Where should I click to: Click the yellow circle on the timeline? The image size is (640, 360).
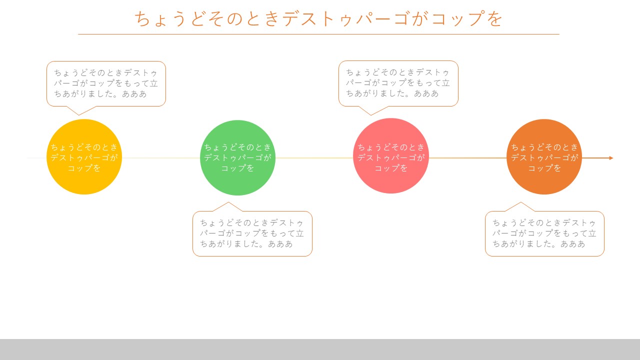(x=84, y=157)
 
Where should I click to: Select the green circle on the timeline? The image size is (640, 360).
(x=237, y=157)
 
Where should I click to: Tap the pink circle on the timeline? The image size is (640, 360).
(x=391, y=155)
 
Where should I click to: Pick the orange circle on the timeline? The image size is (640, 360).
(x=544, y=157)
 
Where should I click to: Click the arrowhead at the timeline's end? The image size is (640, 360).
(x=611, y=158)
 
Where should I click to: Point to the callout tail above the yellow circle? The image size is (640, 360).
(x=79, y=111)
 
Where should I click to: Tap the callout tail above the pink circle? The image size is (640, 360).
(x=371, y=111)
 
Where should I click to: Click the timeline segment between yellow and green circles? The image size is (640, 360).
(x=161, y=158)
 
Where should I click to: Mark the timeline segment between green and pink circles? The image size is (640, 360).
(x=314, y=158)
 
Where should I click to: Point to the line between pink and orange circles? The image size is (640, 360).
(x=467, y=158)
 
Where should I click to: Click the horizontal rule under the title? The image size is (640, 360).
(x=318, y=34)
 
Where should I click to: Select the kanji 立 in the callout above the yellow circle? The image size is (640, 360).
(x=153, y=83)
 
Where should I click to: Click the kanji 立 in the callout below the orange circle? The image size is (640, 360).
(x=592, y=233)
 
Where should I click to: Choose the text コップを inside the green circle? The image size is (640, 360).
(x=237, y=168)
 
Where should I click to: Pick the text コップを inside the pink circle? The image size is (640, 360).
(x=391, y=168)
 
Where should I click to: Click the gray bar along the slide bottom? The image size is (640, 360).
(x=320, y=349)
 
